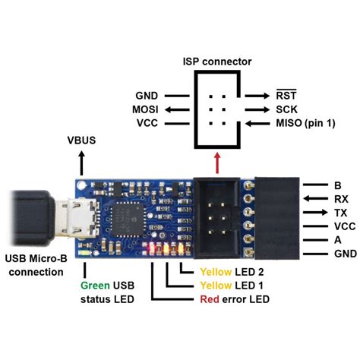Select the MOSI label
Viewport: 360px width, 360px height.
click(x=145, y=109)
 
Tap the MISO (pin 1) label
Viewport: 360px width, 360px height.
click(x=302, y=123)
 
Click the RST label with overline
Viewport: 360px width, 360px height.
click(x=285, y=96)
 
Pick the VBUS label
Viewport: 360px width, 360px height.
click(x=82, y=141)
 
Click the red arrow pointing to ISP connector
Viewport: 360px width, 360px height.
click(x=219, y=163)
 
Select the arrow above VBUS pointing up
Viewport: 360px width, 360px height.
click(x=82, y=160)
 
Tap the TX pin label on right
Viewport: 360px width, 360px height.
click(x=340, y=212)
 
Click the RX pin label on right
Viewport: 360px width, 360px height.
click(x=340, y=198)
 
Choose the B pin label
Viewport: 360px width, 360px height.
click(x=337, y=184)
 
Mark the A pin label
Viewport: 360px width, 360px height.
click(x=337, y=240)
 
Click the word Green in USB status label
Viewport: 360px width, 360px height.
click(x=96, y=286)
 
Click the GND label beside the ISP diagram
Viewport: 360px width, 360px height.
click(x=147, y=96)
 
